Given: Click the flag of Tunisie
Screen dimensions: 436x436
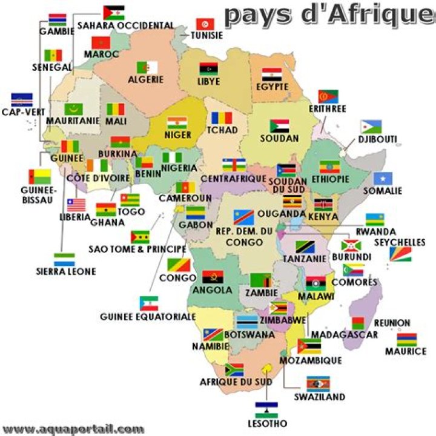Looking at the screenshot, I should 205,24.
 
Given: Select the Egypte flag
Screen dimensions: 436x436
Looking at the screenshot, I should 272,75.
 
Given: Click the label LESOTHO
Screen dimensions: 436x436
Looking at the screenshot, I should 266,423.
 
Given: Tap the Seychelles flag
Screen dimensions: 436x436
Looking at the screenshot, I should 400,254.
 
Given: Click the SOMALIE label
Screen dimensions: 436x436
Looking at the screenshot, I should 383,191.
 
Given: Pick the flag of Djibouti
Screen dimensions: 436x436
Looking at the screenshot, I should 371,127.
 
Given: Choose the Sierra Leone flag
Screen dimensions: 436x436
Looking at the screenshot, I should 64,259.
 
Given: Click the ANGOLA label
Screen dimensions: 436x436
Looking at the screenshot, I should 212,290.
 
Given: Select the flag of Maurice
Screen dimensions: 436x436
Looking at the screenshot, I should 406,339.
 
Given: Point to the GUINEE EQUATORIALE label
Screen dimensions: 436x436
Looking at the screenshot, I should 148,317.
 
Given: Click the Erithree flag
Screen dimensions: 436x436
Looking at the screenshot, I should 328,96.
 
